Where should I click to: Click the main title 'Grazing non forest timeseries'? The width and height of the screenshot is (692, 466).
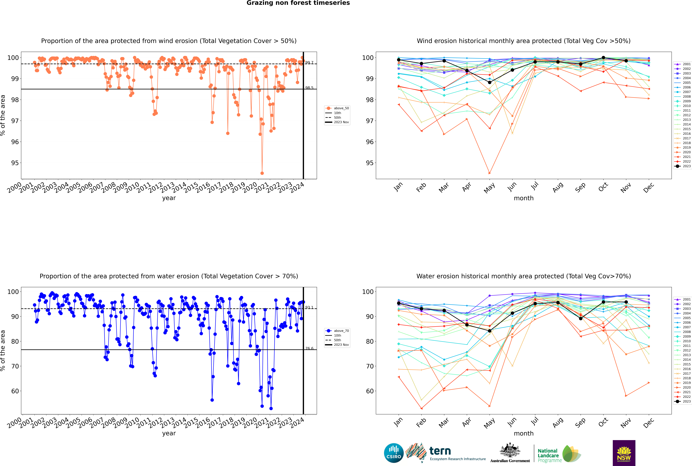[298, 3]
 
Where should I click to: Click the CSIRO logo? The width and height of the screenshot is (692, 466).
[394, 453]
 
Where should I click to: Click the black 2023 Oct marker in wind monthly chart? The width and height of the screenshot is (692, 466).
[603, 58]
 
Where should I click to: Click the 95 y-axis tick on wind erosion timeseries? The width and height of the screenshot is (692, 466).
[15, 163]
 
